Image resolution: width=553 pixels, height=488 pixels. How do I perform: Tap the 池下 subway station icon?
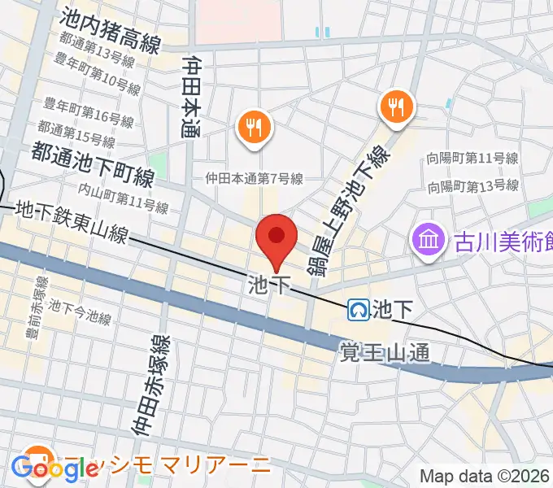point(359,309)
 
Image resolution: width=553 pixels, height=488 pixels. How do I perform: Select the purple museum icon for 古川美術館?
point(426,240)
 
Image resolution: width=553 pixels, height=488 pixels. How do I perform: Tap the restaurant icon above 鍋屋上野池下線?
point(397,106)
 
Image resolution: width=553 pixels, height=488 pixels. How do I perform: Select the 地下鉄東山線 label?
point(72,223)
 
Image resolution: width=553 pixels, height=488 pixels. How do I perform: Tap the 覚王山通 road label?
point(383,351)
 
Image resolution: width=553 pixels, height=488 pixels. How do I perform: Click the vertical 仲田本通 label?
point(192,97)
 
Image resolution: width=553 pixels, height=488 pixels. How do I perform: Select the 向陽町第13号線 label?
point(472,185)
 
